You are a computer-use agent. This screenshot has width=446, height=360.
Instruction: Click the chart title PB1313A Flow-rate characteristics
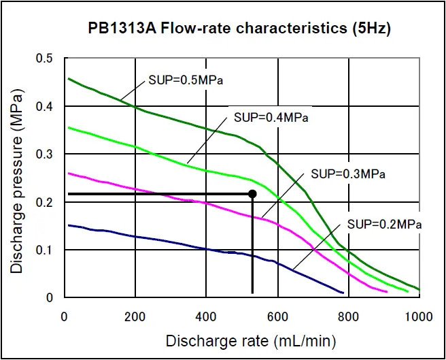[240, 29]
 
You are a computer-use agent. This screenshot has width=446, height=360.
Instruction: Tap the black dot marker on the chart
[252, 194]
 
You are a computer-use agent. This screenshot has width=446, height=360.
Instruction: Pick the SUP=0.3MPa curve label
[348, 174]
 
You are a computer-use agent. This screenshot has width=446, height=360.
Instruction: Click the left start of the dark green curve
[69, 79]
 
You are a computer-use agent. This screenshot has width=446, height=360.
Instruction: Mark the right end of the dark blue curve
[343, 293]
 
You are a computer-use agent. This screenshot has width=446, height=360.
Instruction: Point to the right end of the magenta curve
[387, 292]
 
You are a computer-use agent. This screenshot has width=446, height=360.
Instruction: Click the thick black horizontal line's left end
[69, 194]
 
